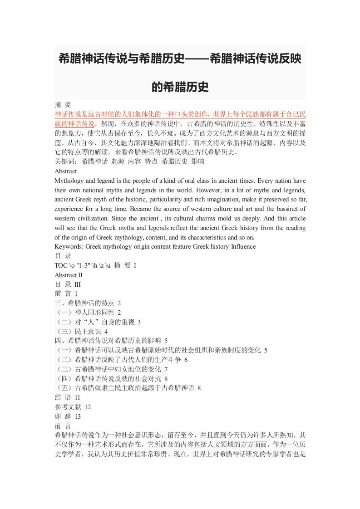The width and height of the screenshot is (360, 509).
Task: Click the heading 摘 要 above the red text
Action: click(63, 104)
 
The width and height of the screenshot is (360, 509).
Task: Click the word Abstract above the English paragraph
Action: click(65, 171)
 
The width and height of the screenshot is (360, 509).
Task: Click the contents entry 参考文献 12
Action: click(73, 407)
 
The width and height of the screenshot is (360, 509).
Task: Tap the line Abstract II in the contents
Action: click(69, 275)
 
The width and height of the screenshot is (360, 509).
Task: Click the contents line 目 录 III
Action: click(67, 284)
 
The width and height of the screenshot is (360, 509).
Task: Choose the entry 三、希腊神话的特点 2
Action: click(88, 303)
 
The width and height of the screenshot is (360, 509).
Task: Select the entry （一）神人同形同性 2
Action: click(88, 313)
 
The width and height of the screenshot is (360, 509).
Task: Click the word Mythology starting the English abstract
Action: click(69, 181)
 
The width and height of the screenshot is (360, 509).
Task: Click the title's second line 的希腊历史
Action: click(180, 87)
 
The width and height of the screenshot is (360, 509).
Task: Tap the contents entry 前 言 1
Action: click(66, 294)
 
